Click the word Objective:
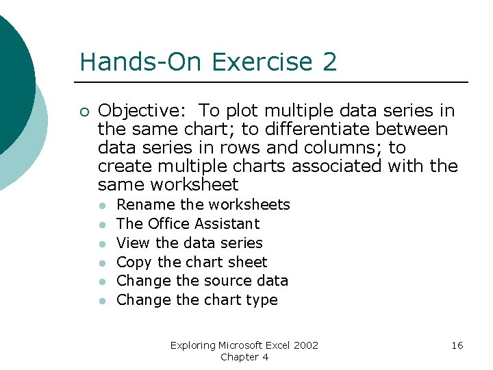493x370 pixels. (140, 111)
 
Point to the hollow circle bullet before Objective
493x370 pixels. (83, 112)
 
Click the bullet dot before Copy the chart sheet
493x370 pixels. (101, 262)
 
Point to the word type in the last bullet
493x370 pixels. (262, 300)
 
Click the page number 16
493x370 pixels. (457, 345)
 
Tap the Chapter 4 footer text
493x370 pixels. (244, 357)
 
